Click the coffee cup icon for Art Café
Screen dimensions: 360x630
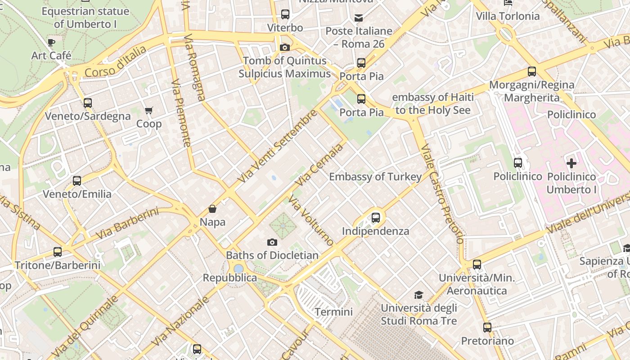pyautogui.click(x=51, y=43)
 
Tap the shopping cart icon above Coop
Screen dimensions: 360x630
pyautogui.click(x=149, y=110)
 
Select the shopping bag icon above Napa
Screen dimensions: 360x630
pyautogui.click(x=212, y=209)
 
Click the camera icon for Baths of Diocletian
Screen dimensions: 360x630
pyautogui.click(x=272, y=242)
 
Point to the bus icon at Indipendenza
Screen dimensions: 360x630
pyautogui.click(x=376, y=218)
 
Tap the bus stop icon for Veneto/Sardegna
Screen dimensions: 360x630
pyautogui.click(x=88, y=103)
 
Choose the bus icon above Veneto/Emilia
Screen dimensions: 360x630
pyautogui.click(x=77, y=181)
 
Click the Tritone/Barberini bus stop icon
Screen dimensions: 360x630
pyautogui.click(x=58, y=252)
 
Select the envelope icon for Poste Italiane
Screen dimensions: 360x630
pyautogui.click(x=359, y=18)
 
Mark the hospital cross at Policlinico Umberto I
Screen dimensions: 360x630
pyautogui.click(x=571, y=163)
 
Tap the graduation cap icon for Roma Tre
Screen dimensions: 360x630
pyautogui.click(x=419, y=295)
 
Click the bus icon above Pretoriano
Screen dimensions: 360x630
pyautogui.click(x=487, y=328)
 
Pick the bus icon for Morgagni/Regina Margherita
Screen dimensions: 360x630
pyautogui.click(x=532, y=72)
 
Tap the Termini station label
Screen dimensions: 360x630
pyautogui.click(x=333, y=312)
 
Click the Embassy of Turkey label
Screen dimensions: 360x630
pyautogui.click(x=375, y=177)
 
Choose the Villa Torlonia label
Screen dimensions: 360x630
pyautogui.click(x=508, y=16)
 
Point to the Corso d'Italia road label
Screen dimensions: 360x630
pyautogui.click(x=116, y=62)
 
